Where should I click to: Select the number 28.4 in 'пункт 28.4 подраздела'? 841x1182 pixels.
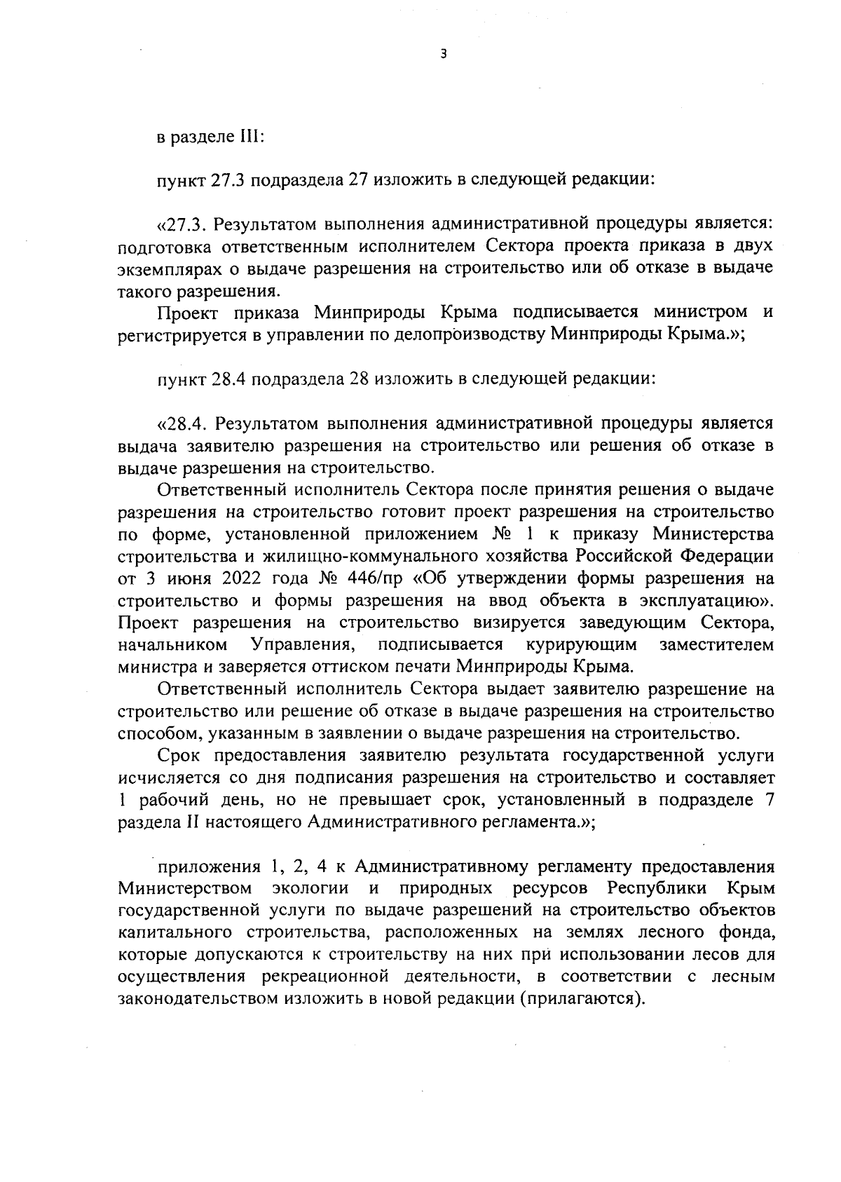coord(228,380)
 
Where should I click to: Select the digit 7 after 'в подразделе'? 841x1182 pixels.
coord(769,801)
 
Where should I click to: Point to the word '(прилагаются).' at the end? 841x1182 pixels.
coord(581,998)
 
